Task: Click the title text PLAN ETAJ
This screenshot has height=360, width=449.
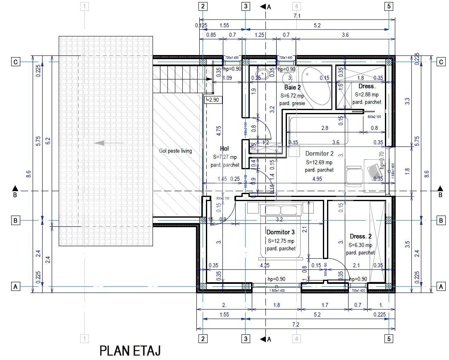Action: pos(130,351)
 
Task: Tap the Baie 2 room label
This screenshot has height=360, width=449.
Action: pos(292,88)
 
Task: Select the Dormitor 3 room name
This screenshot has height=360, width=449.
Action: pos(281,232)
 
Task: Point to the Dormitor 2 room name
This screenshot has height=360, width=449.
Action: pos(320,154)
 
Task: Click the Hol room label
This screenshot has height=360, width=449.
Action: pos(224,149)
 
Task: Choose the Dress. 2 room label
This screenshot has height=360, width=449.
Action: pos(361,236)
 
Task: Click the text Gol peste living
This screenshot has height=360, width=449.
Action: pos(175,151)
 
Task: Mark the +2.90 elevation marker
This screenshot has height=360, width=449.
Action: pos(214,100)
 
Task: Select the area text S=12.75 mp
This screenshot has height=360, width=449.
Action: pos(281,241)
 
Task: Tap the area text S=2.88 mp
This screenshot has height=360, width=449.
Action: pos(367,94)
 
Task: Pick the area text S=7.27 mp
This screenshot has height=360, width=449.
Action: pos(225,157)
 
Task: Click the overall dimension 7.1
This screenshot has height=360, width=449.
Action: pos(297,16)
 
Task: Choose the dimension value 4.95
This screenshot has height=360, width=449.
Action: pos(317,179)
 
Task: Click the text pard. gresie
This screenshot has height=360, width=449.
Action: pos(292,103)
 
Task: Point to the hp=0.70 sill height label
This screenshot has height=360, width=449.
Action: pos(382,161)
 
